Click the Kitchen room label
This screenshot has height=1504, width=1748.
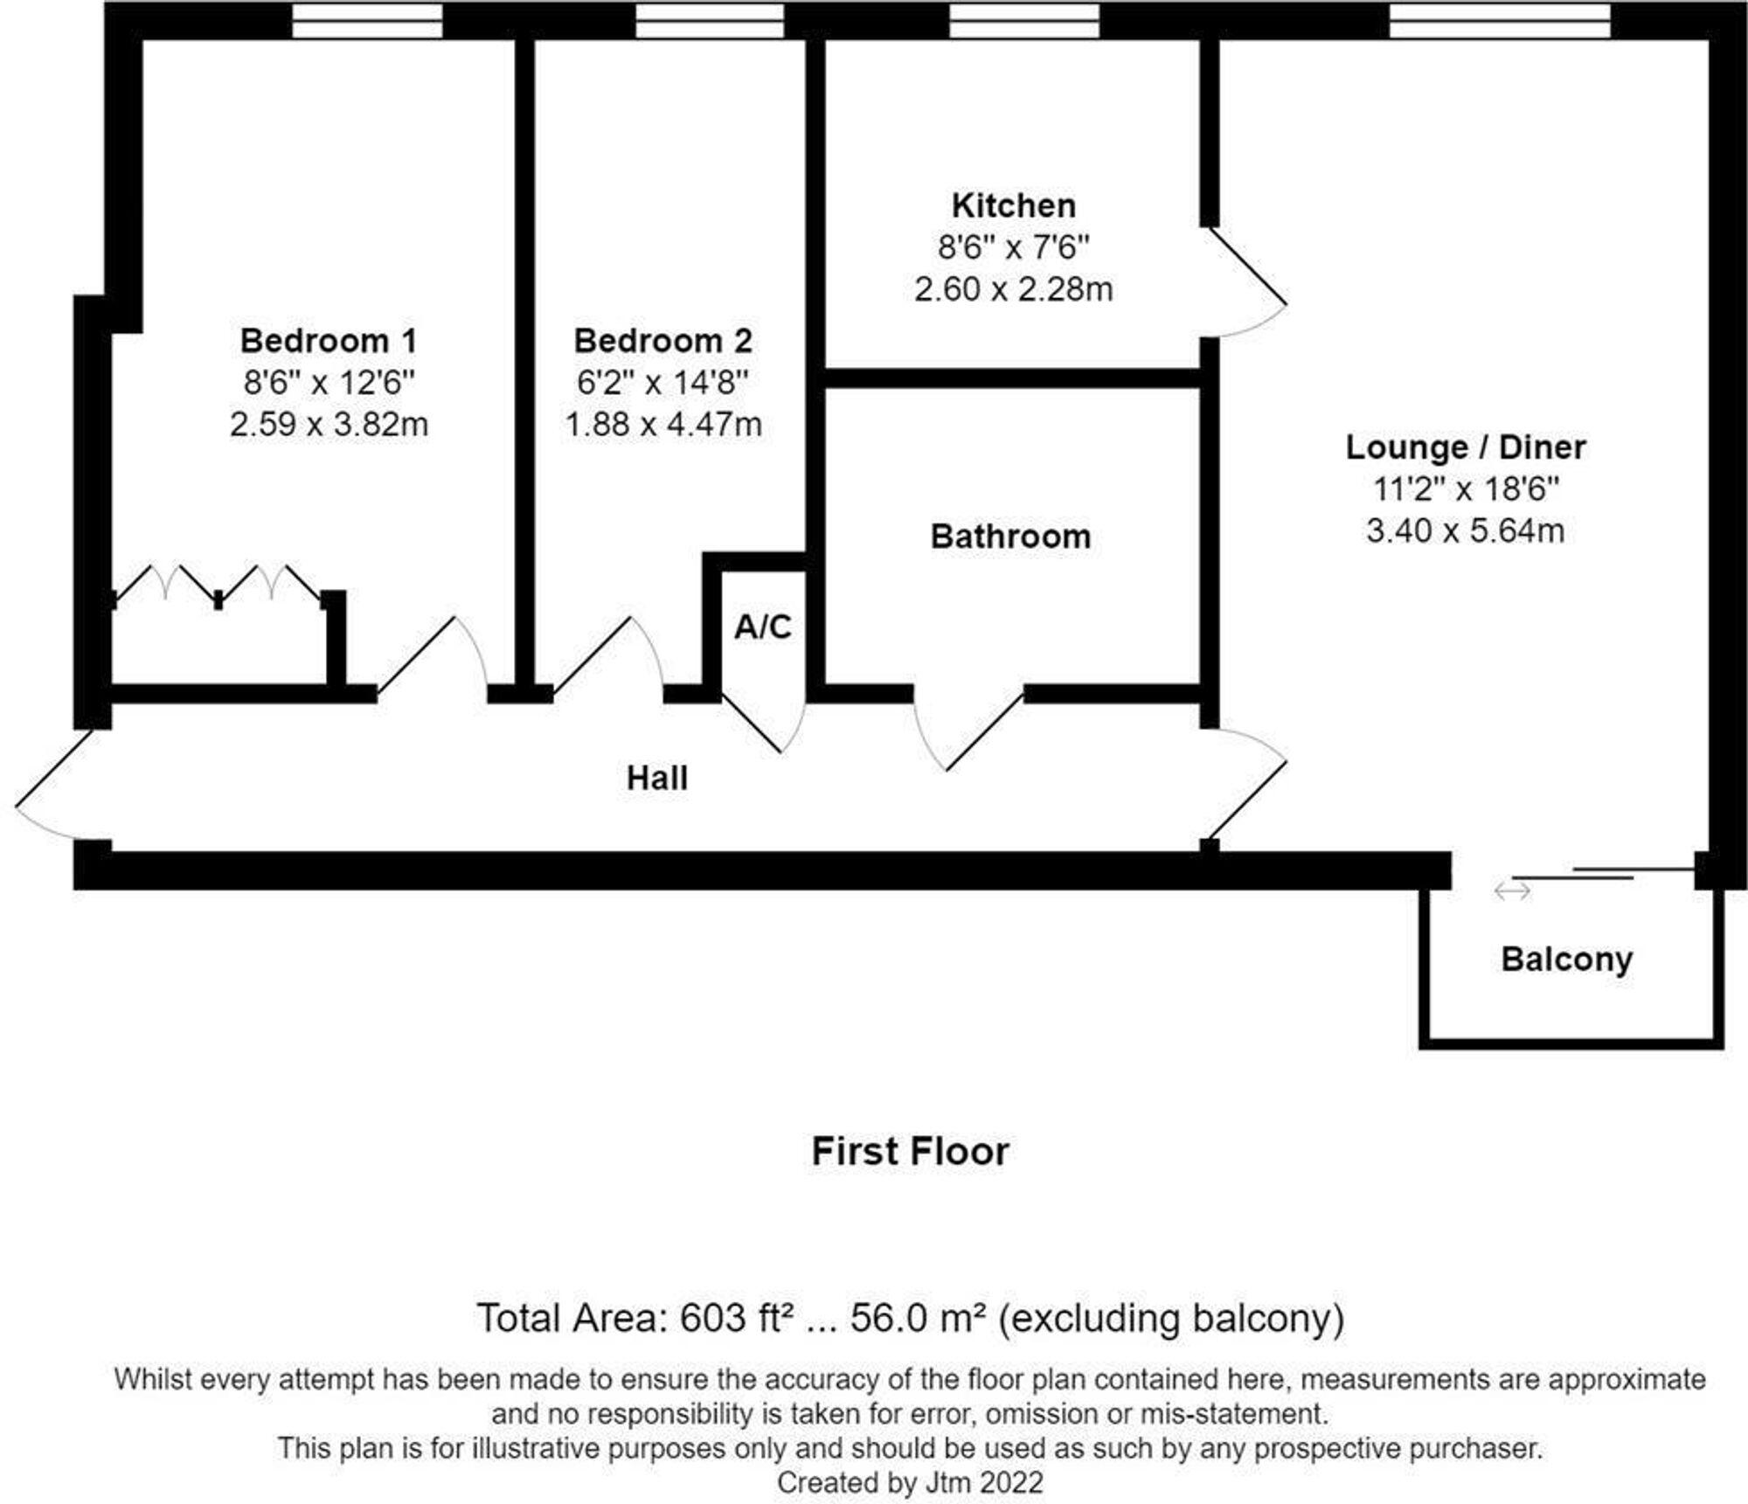coord(1013,206)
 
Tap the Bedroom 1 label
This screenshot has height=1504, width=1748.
coord(329,341)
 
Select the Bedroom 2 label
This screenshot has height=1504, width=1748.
coord(663,341)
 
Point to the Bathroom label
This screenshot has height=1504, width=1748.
coord(1010,537)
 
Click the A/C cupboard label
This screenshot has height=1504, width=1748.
coord(763,627)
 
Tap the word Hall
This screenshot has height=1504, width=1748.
coord(657,778)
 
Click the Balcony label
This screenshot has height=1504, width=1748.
coord(1566,960)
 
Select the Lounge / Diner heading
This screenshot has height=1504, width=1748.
coord(1465,447)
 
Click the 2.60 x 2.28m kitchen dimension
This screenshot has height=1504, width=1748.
coord(1013,289)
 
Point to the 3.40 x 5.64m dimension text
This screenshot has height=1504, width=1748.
coord(1465,530)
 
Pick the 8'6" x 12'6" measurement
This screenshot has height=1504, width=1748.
coord(329,383)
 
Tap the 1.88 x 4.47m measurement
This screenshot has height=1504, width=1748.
coord(663,425)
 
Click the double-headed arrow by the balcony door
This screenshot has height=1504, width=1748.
coord(1512,891)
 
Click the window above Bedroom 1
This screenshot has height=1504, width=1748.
coord(367,20)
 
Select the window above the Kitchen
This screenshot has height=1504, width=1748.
coord(1024,20)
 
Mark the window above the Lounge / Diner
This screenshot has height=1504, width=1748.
coord(1500,20)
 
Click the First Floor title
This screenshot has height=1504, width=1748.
coord(910,1152)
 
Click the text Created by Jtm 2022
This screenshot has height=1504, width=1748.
coord(910,1483)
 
